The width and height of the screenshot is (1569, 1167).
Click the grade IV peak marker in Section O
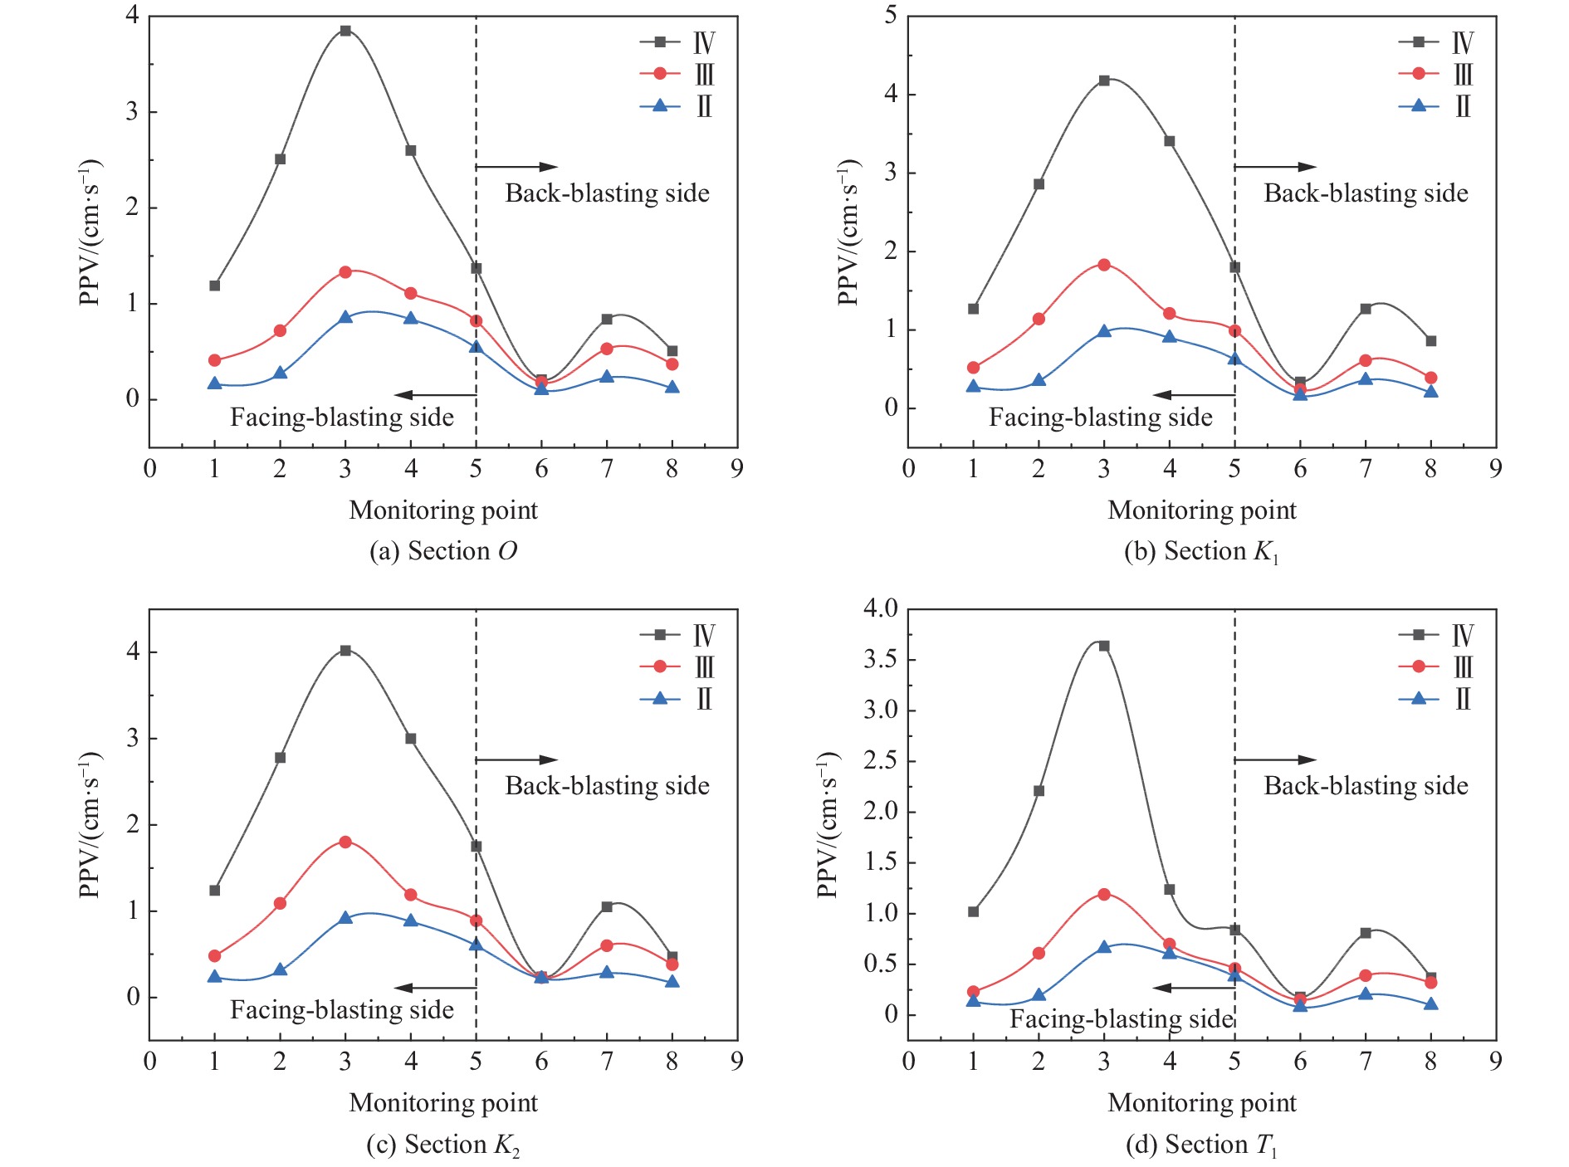pos(345,31)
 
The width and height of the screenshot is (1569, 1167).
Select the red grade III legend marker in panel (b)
pos(1419,74)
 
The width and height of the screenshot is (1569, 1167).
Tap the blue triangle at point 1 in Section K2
pos(215,977)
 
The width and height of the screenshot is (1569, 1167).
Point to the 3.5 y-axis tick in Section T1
pos(880,660)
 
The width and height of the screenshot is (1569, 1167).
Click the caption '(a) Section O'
pos(442,551)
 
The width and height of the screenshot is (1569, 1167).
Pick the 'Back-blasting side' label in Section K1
pos(1366,193)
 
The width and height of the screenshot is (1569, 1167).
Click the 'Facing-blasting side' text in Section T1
pos(1121,1018)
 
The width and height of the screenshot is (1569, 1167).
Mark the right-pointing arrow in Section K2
pos(516,759)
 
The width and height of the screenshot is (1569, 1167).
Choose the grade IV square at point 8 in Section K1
pos(1430,341)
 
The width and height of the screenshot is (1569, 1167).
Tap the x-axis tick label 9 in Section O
pos(736,469)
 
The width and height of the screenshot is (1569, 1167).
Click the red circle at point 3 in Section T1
pos(1104,894)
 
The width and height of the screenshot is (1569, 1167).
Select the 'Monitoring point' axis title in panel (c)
pos(443,1102)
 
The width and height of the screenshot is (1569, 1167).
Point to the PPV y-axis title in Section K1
pos(848,232)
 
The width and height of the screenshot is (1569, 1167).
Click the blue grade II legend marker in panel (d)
pos(1419,698)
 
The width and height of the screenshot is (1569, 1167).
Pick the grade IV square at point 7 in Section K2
pos(607,906)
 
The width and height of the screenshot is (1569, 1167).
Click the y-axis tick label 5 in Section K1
pos(891,16)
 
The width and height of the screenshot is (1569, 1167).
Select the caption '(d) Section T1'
pos(1201,1145)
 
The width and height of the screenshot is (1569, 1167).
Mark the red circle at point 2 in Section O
pos(280,330)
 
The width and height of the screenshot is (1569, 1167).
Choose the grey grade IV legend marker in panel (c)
pos(660,635)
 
